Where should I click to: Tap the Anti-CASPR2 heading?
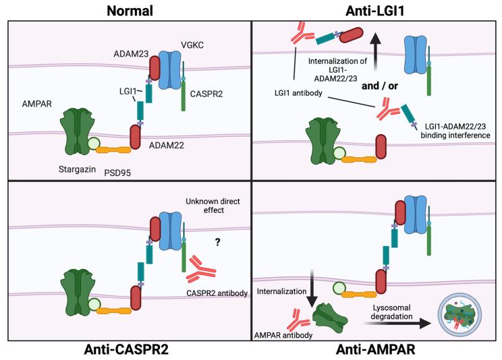[127, 349]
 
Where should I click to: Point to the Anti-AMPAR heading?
[379, 349]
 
